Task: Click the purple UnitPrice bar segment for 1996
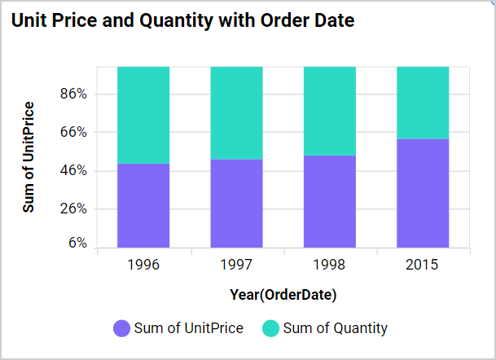(143, 205)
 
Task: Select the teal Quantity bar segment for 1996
(143, 115)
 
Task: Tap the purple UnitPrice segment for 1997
(236, 203)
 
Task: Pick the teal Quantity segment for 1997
(236, 112)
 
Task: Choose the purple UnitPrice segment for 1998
(329, 201)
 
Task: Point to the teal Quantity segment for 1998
(329, 111)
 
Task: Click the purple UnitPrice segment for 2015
(423, 193)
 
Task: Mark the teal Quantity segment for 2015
(423, 103)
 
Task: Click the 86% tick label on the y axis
(73, 94)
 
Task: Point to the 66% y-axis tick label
(73, 132)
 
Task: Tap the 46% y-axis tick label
(73, 171)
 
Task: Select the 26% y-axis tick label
(73, 209)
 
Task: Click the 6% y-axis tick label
(77, 243)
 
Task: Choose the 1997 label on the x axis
(236, 266)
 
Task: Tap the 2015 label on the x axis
(423, 266)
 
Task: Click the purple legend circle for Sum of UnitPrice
(121, 329)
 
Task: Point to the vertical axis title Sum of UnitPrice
(29, 157)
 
